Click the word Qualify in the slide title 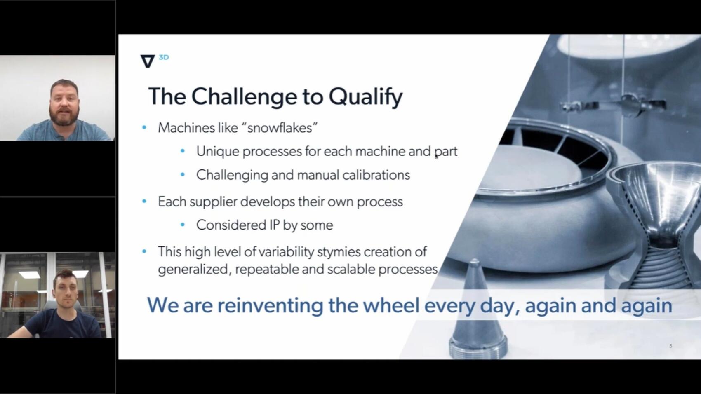click(365, 96)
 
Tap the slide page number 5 click(670, 346)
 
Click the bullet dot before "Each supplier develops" click(144, 202)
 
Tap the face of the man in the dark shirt click(65, 288)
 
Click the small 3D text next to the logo click(164, 57)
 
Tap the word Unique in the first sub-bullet click(217, 151)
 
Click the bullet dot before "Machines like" click(144, 128)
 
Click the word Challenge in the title click(244, 96)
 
